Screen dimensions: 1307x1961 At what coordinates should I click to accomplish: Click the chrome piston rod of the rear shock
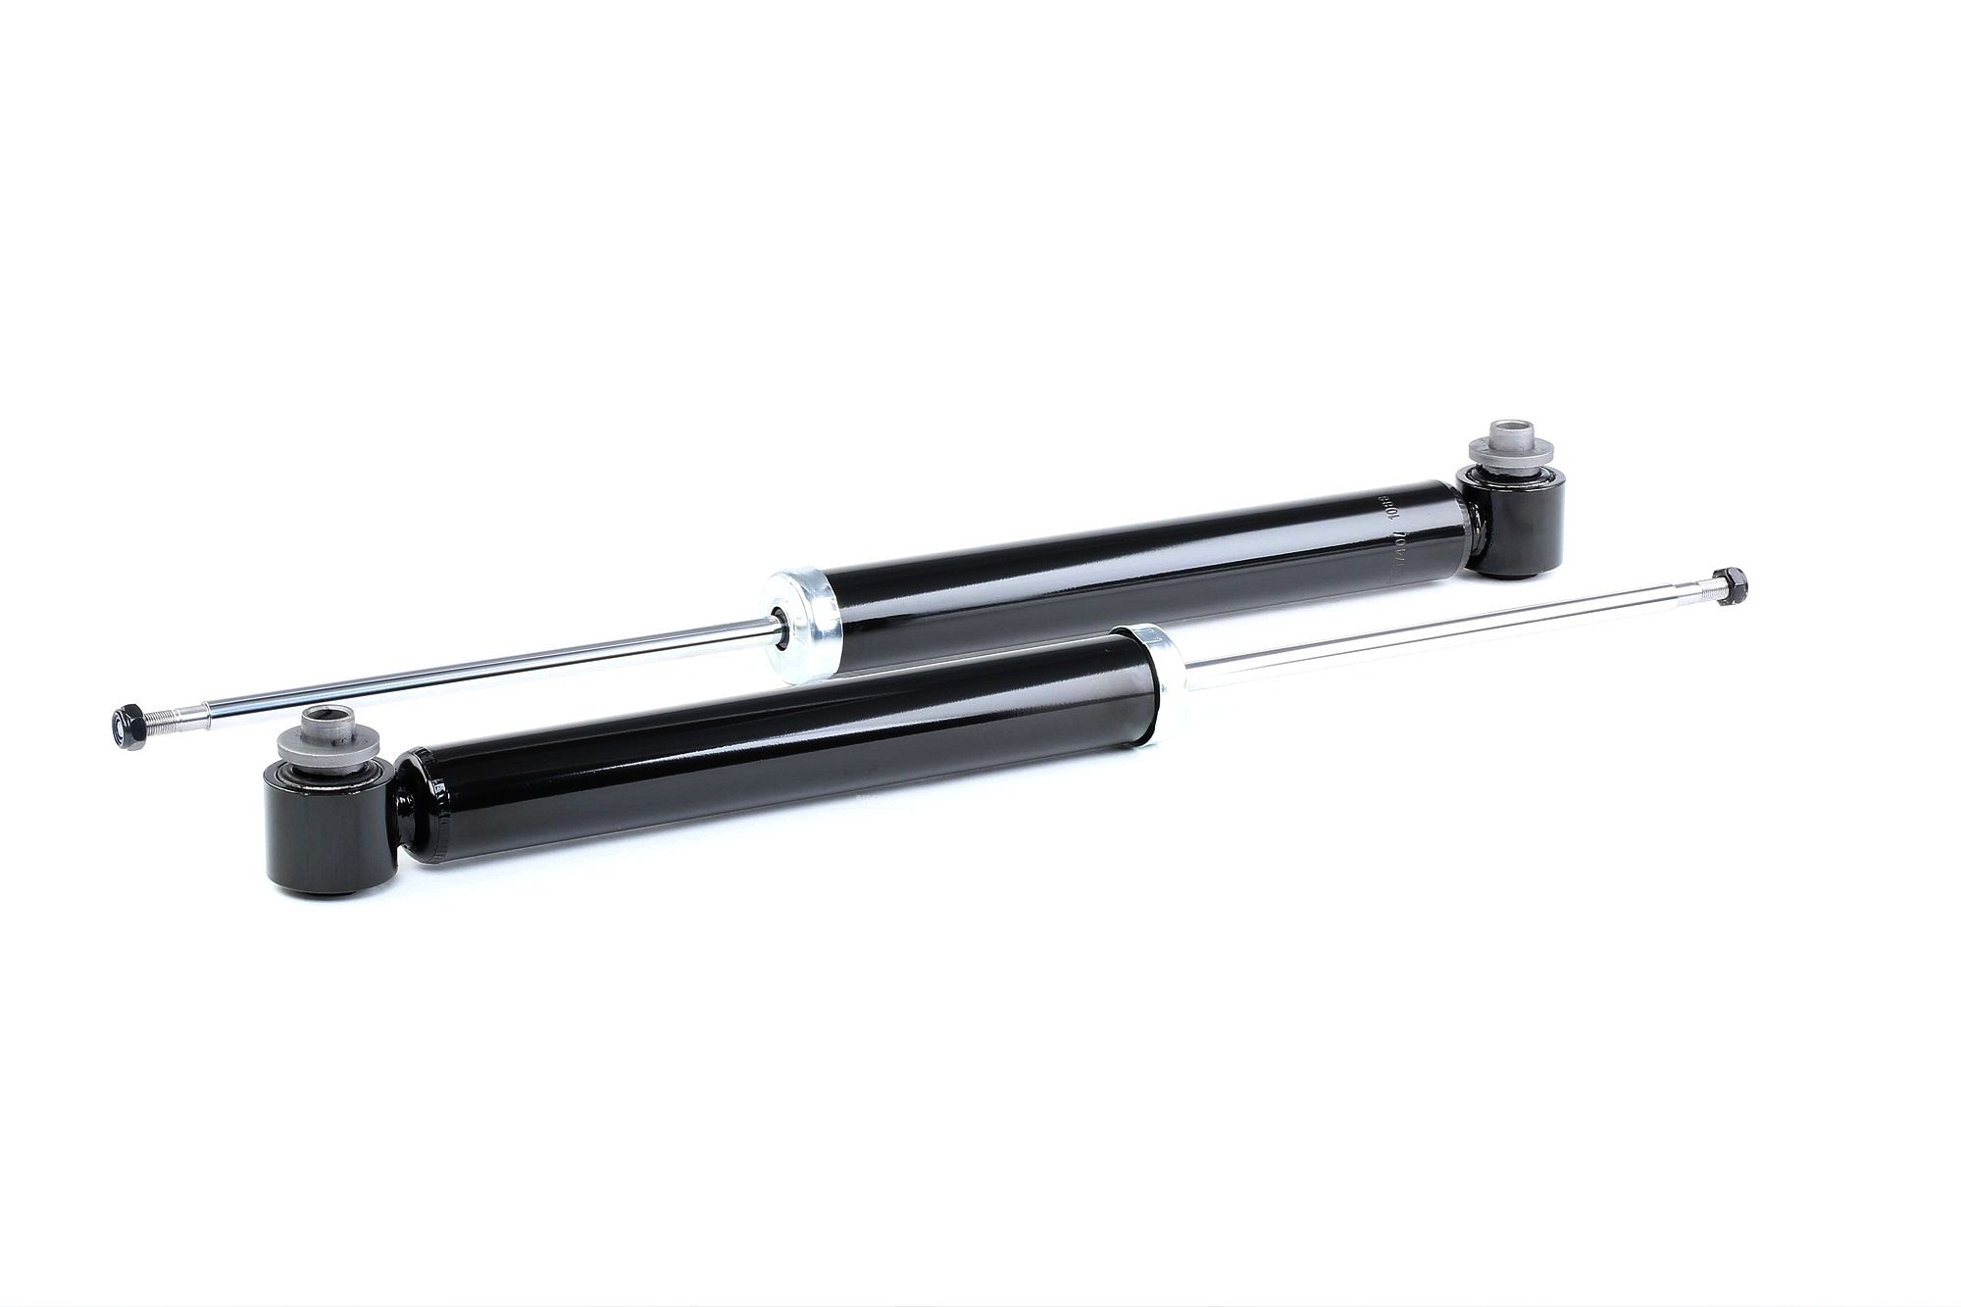pos(490,671)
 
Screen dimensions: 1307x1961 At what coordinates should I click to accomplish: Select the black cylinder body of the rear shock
pos(1128,578)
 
